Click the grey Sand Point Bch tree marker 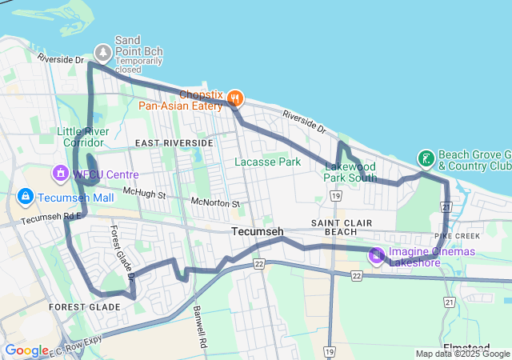pos(103,53)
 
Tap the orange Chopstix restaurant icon pos(234,98)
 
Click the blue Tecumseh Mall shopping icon pos(26,197)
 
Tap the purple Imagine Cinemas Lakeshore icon pos(376,256)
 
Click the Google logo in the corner pos(26,350)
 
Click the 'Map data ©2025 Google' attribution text pos(462,354)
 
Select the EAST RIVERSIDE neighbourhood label pos(174,142)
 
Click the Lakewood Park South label pos(350,172)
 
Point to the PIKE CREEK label pos(457,237)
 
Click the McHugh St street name pos(143,194)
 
